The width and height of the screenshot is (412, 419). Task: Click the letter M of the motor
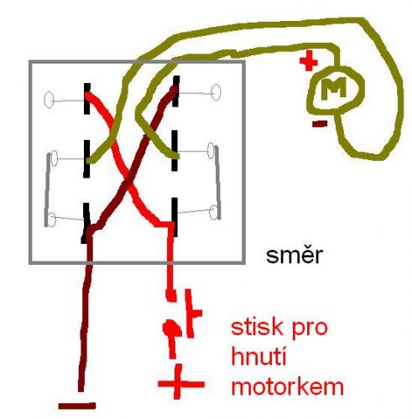(333, 88)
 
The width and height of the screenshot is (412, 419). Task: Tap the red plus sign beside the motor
(309, 60)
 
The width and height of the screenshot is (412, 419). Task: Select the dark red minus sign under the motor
(320, 123)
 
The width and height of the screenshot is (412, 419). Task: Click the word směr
(295, 255)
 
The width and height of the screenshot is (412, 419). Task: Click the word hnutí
(258, 357)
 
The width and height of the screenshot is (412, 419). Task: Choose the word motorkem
(288, 386)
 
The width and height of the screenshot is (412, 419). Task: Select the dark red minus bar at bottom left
(77, 406)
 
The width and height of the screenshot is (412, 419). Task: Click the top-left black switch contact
(87, 98)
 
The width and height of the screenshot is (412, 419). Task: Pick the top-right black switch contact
(176, 91)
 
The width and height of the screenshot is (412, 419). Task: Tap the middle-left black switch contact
(86, 159)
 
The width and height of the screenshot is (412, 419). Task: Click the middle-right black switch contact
(175, 150)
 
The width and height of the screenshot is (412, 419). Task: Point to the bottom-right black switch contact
(175, 217)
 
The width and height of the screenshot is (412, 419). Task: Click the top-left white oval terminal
(49, 100)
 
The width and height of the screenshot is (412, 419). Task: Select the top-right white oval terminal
(216, 92)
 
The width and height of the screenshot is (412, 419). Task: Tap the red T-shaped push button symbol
(192, 313)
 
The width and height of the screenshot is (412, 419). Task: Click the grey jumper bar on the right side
(217, 183)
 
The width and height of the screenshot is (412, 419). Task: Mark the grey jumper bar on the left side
(48, 190)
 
